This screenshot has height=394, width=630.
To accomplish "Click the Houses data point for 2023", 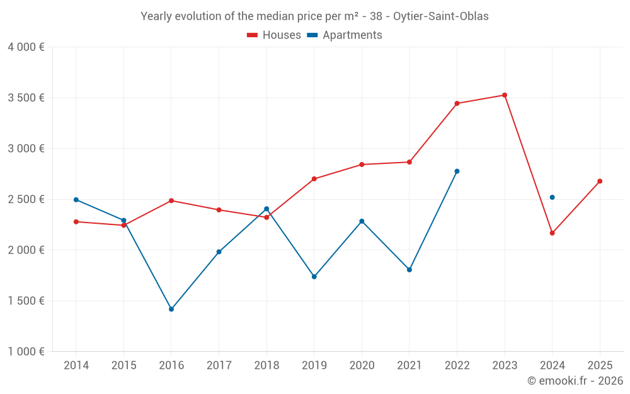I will coord(504,95).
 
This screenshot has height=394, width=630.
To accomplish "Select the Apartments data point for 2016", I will coord(171,309).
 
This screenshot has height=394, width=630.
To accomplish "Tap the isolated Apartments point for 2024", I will coord(552,197).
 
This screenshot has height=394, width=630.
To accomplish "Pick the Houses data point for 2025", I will coord(600,181).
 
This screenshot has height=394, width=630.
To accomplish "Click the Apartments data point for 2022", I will coord(457,171).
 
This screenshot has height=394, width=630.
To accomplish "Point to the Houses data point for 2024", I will coord(552,233).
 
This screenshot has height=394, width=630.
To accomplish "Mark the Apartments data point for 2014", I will coord(76,200).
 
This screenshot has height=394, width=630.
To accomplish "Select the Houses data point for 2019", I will coord(314,179).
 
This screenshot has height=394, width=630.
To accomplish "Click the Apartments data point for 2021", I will coord(409,270).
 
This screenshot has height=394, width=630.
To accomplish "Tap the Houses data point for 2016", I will coord(171,200).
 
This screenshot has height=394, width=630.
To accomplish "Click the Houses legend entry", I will coord(274,35).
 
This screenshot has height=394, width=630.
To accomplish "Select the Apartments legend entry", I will coord(345,35).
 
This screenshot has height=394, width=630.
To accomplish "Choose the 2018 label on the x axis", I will coord(266,366).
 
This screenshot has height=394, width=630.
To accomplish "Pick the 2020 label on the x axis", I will coord(362,366).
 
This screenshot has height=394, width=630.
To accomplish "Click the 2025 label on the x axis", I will coord(600,366).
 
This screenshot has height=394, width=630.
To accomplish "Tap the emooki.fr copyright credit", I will coord(575,381).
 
